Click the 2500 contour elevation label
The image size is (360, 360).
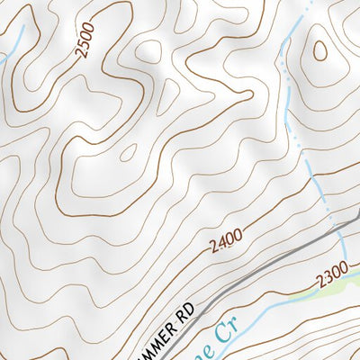pos(85,41)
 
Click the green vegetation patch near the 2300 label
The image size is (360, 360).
pos(346,285)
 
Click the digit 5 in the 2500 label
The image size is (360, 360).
pos(81,48)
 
